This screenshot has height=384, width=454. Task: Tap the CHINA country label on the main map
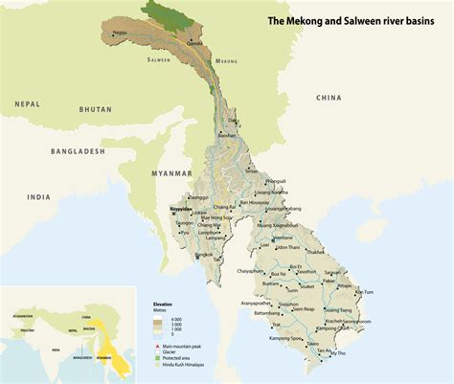tap(330, 97)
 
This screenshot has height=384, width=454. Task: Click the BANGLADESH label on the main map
tap(78, 151)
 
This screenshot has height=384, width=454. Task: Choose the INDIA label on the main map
tap(38, 197)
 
